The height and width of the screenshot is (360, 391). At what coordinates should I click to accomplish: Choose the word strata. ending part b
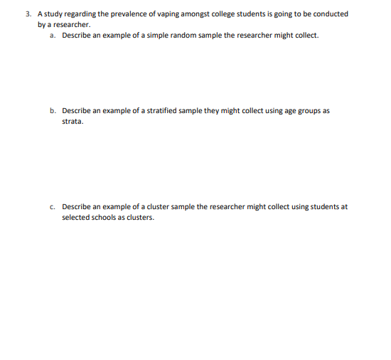73,122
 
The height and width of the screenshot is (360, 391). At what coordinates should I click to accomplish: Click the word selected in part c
75,218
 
